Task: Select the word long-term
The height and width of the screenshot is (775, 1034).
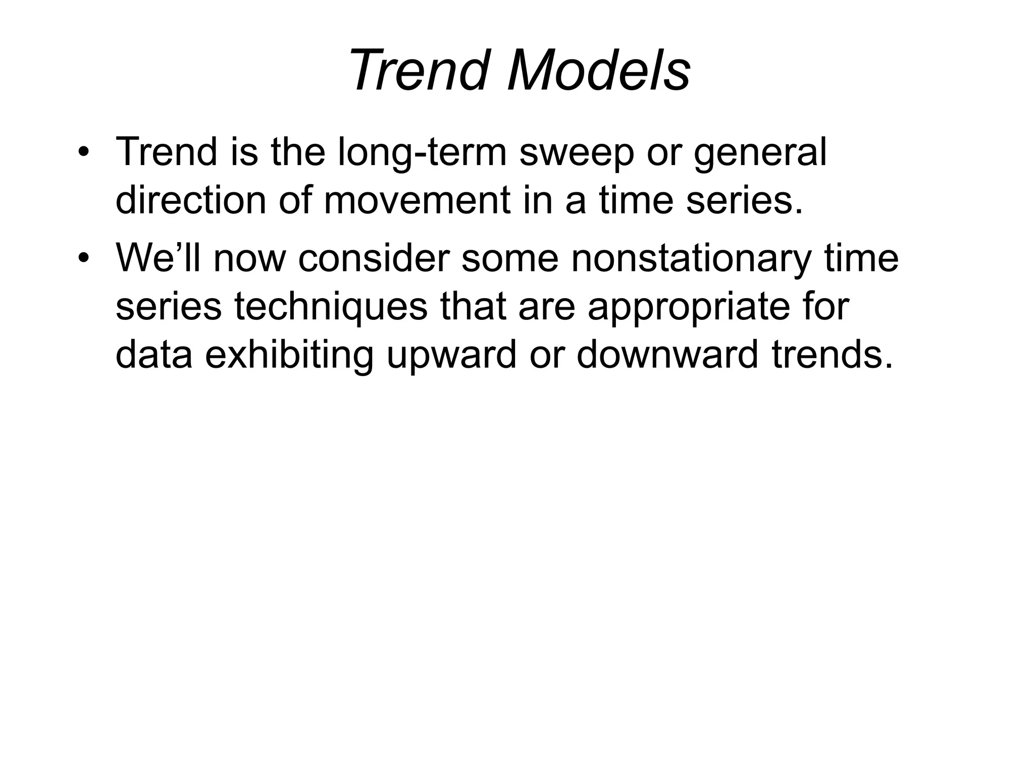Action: click(422, 153)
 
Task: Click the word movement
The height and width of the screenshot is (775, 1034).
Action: click(418, 200)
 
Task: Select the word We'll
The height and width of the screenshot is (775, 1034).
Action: click(159, 258)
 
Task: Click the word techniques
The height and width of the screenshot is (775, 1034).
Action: click(331, 307)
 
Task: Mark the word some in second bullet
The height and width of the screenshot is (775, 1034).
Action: click(510, 258)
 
